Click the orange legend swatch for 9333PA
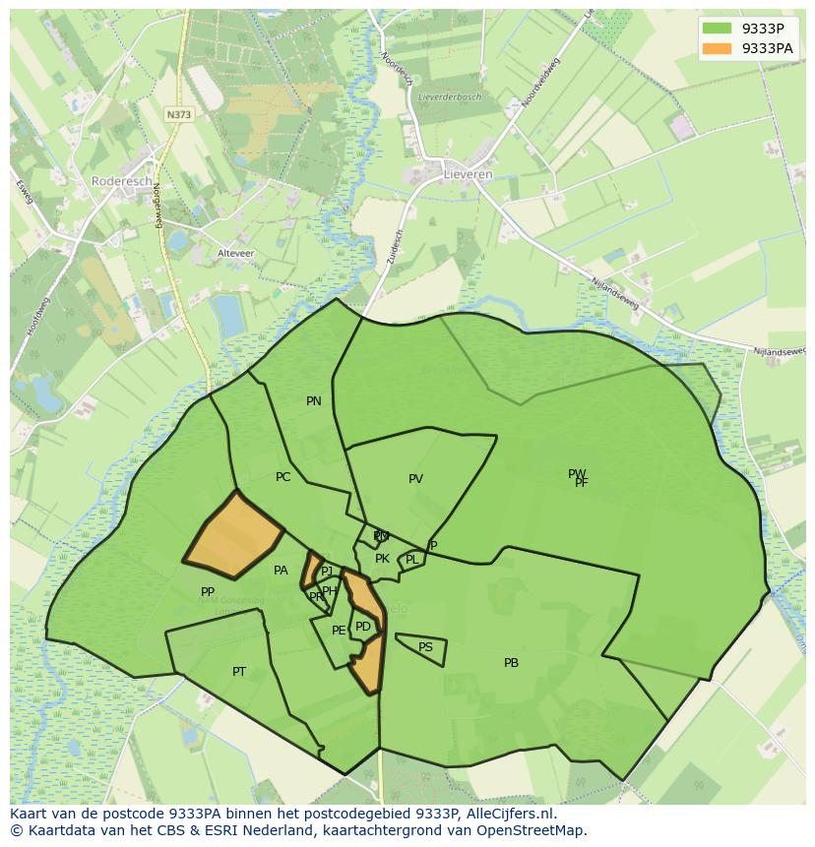pyautogui.click(x=718, y=48)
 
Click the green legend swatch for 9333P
pyautogui.click(x=718, y=29)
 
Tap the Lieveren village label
pyautogui.click(x=469, y=174)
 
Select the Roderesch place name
pyautogui.click(x=120, y=181)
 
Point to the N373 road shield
pyautogui.click(x=178, y=114)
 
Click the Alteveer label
pyautogui.click(x=235, y=253)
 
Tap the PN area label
pyautogui.click(x=314, y=401)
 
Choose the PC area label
pyautogui.click(x=283, y=477)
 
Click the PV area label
pyautogui.click(x=415, y=479)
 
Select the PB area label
pyautogui.click(x=511, y=663)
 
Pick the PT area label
pyautogui.click(x=239, y=672)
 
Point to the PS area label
pyautogui.click(x=425, y=647)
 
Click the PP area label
pyautogui.click(x=208, y=592)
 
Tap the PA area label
pyautogui.click(x=281, y=571)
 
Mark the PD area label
pyautogui.click(x=363, y=627)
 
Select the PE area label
pyautogui.click(x=339, y=631)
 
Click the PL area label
pyautogui.click(x=411, y=560)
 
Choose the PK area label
pyautogui.click(x=382, y=559)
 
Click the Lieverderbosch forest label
pyautogui.click(x=449, y=96)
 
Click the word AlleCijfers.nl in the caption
pyautogui.click(x=510, y=814)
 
